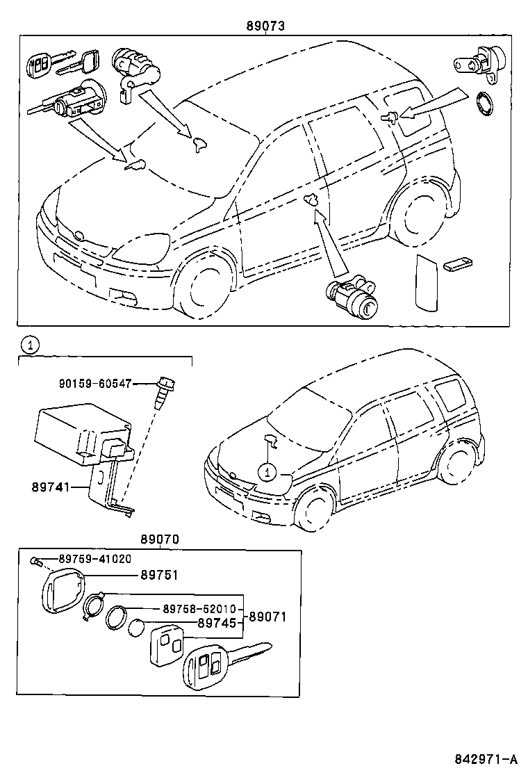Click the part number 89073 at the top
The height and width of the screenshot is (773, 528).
pyautogui.click(x=265, y=26)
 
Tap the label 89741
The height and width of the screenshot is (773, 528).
pyautogui.click(x=50, y=488)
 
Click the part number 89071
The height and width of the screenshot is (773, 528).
pyautogui.click(x=267, y=616)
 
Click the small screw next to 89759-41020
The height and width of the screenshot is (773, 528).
pyautogui.click(x=38, y=560)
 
